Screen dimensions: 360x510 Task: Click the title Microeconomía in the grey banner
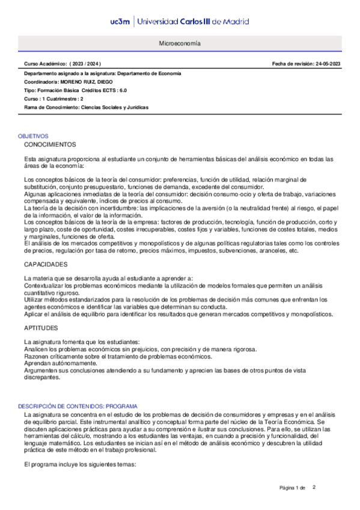[x=180, y=45]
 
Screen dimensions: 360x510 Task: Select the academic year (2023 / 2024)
[x=86, y=63]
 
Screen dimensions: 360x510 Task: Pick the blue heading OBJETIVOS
[x=33, y=137]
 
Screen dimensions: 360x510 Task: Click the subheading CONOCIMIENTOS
[x=50, y=145]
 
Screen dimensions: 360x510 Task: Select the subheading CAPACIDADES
[x=46, y=265]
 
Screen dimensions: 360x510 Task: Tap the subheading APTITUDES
[x=41, y=328]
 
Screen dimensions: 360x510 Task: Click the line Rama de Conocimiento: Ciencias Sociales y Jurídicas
[x=86, y=107]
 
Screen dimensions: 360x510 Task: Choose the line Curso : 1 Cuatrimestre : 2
[x=53, y=99]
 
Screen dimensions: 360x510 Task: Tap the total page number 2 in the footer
[x=314, y=486]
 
